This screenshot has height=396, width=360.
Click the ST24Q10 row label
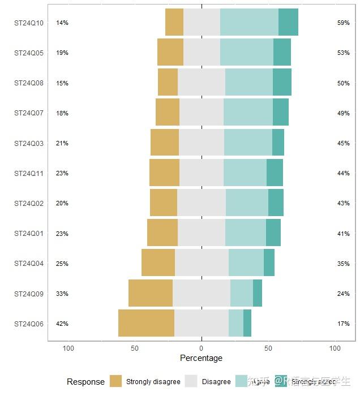click(x=29, y=23)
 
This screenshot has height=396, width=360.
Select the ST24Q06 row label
click(x=29, y=324)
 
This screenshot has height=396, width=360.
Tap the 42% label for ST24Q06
click(x=62, y=324)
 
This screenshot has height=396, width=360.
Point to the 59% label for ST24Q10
click(x=343, y=23)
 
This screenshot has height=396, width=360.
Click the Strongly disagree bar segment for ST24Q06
click(x=146, y=324)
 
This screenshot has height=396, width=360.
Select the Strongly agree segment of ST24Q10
click(x=288, y=23)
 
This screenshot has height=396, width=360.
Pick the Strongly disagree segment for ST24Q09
click(x=151, y=293)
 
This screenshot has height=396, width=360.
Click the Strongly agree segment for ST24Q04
click(x=269, y=263)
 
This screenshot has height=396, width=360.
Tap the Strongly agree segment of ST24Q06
click(x=247, y=324)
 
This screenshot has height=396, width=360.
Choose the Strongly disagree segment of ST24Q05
click(x=170, y=52)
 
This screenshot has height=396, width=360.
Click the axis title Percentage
click(x=201, y=358)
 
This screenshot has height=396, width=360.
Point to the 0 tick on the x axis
click(x=202, y=348)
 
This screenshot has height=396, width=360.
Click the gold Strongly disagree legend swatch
click(x=116, y=381)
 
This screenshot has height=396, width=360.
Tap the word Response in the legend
click(x=85, y=382)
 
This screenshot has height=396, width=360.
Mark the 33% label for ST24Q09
click(x=62, y=294)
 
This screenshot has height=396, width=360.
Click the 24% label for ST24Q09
click(x=343, y=294)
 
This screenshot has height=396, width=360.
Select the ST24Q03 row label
click(x=29, y=144)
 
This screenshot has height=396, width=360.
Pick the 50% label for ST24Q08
click(x=343, y=83)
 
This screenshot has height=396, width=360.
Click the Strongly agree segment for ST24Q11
click(x=275, y=173)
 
